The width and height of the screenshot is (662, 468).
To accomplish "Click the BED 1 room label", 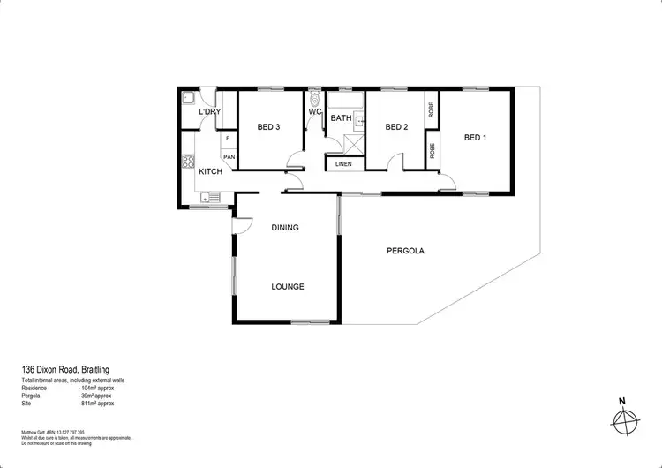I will (x=475, y=137).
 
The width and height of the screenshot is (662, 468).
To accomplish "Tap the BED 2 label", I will (x=396, y=127).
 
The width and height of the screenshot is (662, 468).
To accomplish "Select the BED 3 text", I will (x=268, y=127).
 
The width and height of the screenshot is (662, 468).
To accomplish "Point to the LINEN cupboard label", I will (x=343, y=164).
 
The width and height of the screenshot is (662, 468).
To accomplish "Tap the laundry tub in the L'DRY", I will (x=187, y=99).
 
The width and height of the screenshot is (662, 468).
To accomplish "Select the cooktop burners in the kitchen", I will (x=187, y=162).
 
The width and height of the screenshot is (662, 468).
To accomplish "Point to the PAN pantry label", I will (x=229, y=157).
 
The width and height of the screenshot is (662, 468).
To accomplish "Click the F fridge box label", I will (x=228, y=139).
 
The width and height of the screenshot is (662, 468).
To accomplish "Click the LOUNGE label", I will (x=288, y=286).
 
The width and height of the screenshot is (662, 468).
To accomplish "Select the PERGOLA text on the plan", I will (x=405, y=251).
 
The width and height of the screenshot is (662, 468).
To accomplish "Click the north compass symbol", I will (x=623, y=421).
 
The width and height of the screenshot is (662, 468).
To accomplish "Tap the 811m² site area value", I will (x=97, y=403).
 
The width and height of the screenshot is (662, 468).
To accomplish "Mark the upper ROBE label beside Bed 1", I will (x=431, y=111).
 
